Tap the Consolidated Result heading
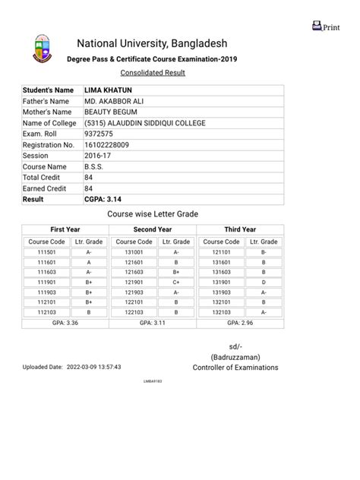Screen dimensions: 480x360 tap(153, 73)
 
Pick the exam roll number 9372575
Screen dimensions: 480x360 tap(99, 134)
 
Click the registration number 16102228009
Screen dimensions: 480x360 tap(107, 144)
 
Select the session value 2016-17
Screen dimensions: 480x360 tap(98, 156)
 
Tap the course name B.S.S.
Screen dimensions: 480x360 tap(94, 166)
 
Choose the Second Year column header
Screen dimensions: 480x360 tap(153, 229)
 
